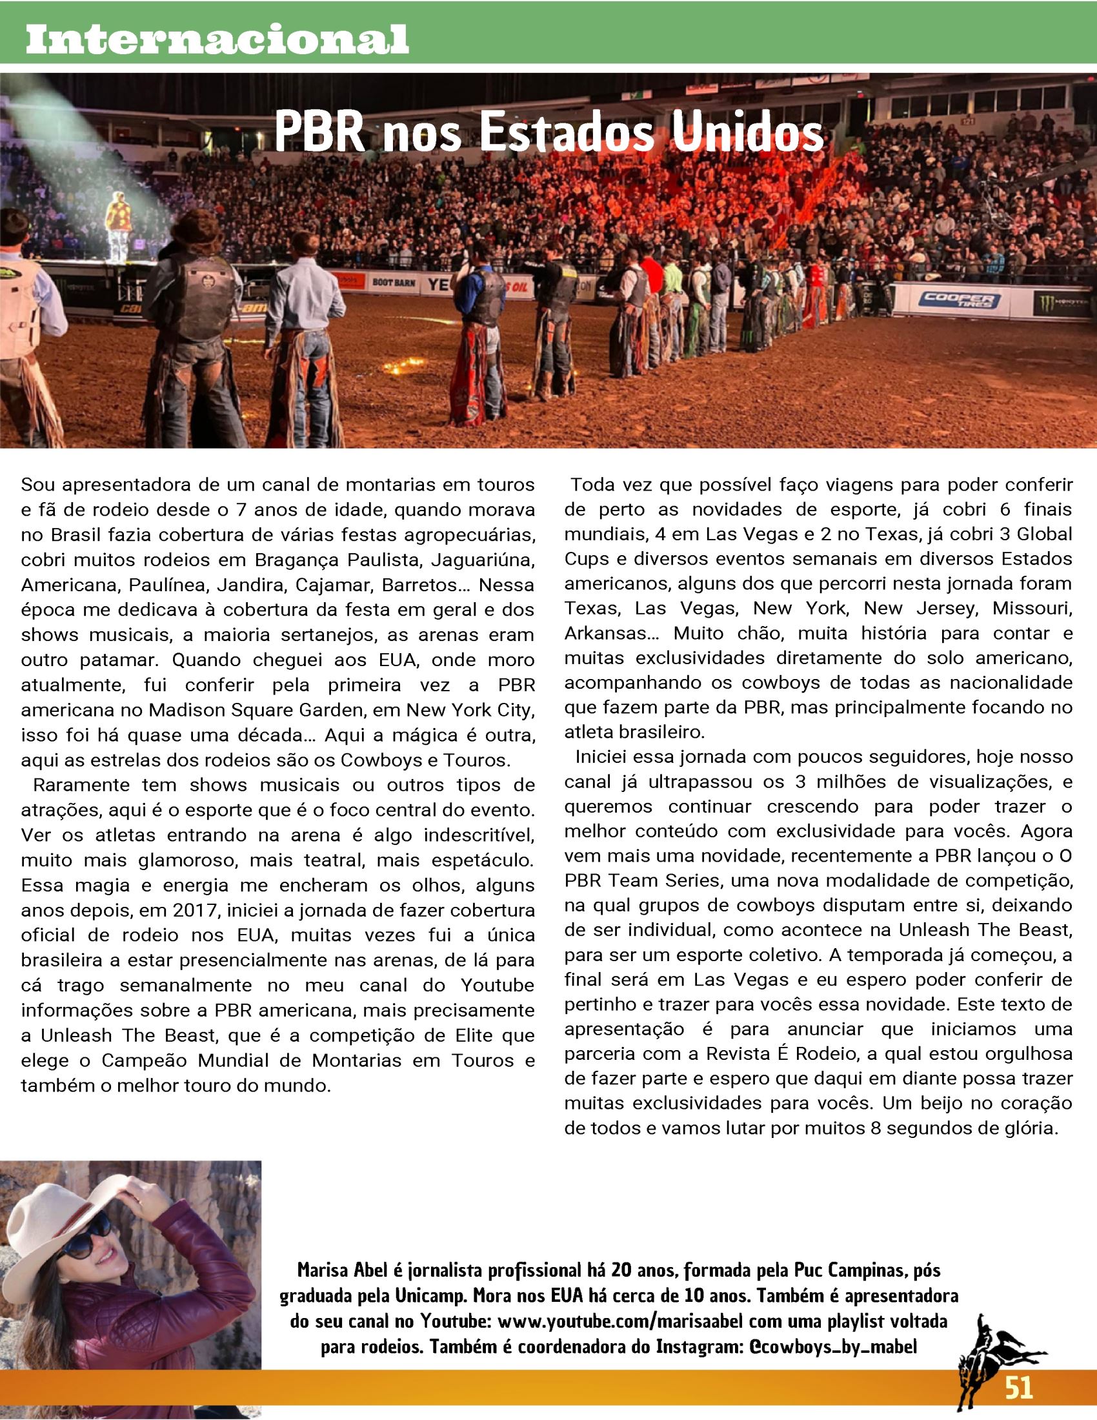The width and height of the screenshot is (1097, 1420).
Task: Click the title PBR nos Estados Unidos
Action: [548, 132]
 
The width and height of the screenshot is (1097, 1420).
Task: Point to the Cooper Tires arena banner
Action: [958, 300]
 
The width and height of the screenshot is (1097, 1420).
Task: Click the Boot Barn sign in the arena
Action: [393, 282]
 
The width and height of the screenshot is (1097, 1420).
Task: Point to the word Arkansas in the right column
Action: [606, 633]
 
